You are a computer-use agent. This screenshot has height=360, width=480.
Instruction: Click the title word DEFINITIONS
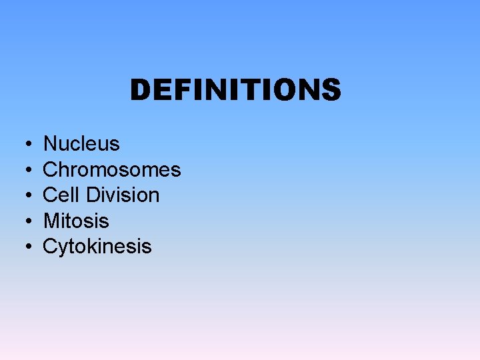[x=235, y=90]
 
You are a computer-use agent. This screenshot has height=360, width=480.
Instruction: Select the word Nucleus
[x=81, y=144]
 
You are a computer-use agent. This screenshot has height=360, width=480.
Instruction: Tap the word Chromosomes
[x=112, y=169]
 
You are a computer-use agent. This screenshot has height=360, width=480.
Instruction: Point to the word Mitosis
[x=76, y=221]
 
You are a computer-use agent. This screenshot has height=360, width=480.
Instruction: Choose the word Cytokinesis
[x=97, y=247]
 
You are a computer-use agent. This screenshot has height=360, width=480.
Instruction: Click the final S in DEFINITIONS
[x=331, y=90]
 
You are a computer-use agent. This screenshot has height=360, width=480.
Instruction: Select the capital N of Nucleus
[x=51, y=144]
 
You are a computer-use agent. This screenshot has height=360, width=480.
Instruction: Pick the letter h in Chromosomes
[x=64, y=169]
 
